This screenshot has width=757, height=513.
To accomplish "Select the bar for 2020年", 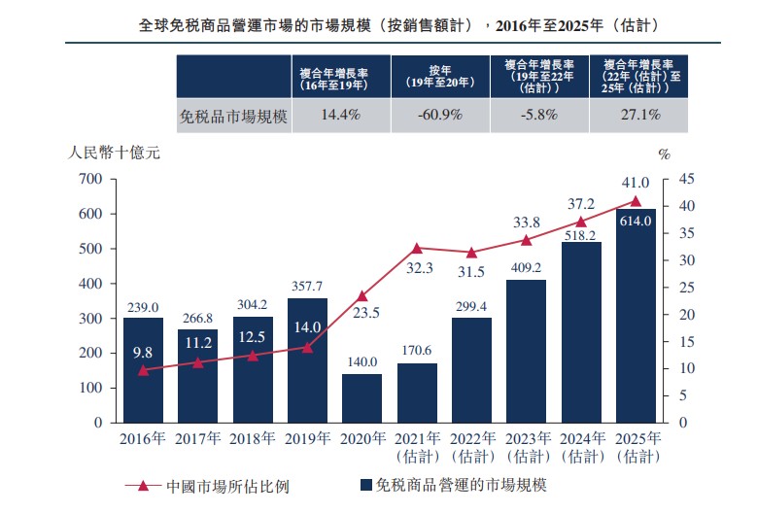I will (x=361, y=397).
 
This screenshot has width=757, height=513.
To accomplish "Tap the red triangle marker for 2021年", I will (x=417, y=249).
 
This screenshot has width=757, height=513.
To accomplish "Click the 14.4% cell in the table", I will (x=340, y=115).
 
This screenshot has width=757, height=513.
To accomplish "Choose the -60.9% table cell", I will (x=439, y=115).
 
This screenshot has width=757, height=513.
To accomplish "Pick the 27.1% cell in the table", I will (x=638, y=115).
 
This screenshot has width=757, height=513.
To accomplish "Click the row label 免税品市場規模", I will (x=234, y=115).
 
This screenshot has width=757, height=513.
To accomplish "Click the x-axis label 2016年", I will (x=142, y=439).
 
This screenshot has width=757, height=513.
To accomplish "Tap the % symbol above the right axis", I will (x=665, y=154).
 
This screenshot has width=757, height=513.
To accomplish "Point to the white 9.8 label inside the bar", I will (x=143, y=354).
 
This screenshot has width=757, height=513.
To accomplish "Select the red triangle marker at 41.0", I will (x=636, y=201).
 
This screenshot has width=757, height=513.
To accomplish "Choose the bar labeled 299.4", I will (x=471, y=370).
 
